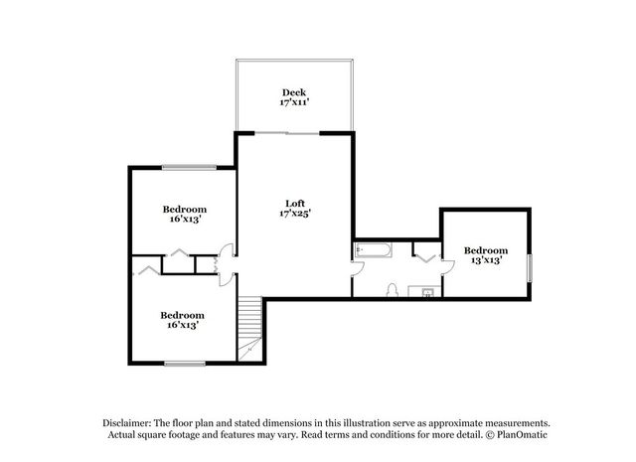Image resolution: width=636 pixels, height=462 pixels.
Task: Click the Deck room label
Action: click(294, 92)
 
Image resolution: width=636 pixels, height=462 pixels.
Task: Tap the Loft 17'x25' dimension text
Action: click(295, 213)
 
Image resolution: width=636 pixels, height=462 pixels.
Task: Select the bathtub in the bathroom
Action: click(374, 249)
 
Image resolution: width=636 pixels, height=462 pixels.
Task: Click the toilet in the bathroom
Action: click(392, 290)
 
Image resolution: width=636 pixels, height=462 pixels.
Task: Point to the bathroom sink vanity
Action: click(424, 291)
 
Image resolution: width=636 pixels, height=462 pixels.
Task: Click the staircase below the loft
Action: click(249, 328)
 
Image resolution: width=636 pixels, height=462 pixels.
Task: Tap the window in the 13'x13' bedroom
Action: click(529, 268)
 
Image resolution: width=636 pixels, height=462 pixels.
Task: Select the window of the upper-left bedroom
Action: click(189, 167)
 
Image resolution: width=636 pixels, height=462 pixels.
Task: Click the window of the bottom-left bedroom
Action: click(185, 364)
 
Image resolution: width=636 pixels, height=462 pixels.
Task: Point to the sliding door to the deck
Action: click(287, 133)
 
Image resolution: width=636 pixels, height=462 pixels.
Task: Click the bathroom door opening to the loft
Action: click(357, 269)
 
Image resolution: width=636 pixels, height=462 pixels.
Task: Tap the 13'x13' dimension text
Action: click(486, 260)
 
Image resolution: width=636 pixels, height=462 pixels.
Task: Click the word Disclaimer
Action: click(127, 423)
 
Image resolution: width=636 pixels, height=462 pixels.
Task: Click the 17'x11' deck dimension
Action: click(294, 101)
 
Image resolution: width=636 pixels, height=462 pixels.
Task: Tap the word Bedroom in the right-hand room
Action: click(486, 250)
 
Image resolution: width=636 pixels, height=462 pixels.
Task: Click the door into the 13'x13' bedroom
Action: click(447, 268)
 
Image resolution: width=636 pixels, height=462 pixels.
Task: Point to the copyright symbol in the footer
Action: click(490, 435)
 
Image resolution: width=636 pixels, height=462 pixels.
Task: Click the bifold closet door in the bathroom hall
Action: click(426, 258)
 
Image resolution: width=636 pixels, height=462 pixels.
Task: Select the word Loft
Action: click(295, 204)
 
